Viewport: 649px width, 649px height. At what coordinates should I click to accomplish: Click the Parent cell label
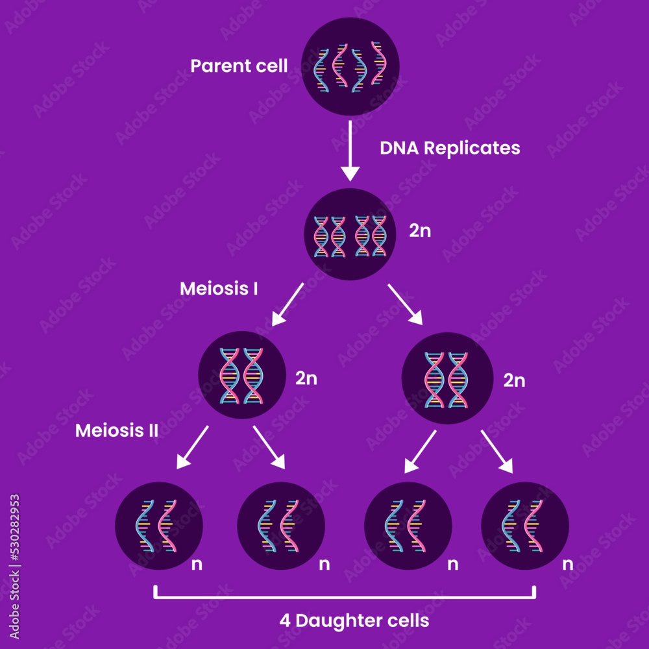239,66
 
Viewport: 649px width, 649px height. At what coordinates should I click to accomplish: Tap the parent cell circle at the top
350,66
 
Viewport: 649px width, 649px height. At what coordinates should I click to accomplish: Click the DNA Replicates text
450,148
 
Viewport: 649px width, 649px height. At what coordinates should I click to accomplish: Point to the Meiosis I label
219,289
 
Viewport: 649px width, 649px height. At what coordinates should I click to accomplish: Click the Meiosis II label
117,430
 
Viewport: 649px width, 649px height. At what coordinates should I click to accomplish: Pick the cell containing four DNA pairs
350,234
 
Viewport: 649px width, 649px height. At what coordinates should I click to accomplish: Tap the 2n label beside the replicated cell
420,231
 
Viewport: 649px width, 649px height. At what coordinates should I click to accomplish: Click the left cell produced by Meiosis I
241,376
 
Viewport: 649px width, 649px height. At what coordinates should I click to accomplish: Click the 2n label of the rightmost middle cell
514,380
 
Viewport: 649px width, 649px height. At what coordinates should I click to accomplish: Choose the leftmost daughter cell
158,526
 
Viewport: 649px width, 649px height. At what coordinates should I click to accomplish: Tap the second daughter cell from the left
281,526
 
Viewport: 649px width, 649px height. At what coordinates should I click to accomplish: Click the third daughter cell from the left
408,526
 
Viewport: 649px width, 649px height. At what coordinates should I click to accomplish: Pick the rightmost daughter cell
525,526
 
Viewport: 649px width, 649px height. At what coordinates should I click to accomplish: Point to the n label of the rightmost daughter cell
567,564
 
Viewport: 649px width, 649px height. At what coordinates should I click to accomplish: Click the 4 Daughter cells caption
354,620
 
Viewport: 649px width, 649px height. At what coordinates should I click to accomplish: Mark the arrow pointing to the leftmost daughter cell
192,448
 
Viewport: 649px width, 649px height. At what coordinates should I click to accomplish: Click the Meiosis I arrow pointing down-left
288,304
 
